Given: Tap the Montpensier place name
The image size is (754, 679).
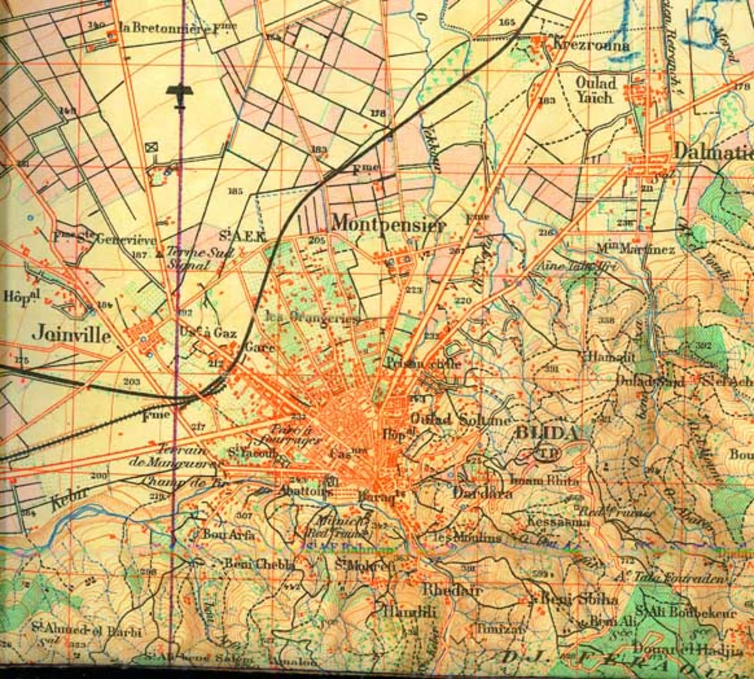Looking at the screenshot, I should point(388,224).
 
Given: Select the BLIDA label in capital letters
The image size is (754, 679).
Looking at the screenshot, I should point(547,433).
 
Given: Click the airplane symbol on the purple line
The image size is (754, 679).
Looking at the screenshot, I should point(179,93).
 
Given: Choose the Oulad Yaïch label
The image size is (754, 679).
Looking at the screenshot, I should point(596,90).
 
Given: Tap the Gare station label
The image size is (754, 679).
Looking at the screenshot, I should point(260,348).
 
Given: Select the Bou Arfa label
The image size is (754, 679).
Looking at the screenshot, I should point(229,535).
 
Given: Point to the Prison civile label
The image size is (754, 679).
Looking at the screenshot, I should point(423,364).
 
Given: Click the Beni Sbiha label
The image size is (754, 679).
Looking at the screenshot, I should point(579,599).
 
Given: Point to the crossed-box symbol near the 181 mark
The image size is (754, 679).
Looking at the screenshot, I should point(152,147).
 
